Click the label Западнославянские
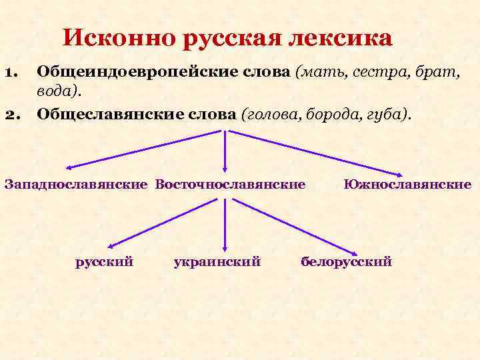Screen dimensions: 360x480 (x=76, y=183)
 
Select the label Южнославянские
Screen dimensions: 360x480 (x=407, y=183)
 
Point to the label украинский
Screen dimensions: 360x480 (x=216, y=261)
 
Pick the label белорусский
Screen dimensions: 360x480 (x=347, y=261)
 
